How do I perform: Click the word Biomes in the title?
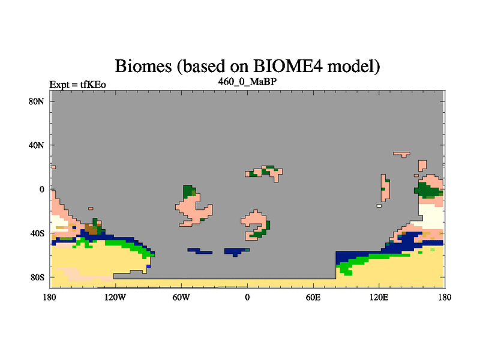143,66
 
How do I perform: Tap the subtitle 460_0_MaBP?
247,82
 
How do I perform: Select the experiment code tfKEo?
93,84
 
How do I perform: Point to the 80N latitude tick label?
37,101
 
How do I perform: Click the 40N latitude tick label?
37,145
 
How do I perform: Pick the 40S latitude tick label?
37,233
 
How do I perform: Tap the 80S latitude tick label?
37,277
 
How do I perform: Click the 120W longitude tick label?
115,297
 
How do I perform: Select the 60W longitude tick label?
181,297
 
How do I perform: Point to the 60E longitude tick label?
313,297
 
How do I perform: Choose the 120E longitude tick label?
379,297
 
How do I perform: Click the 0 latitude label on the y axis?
41,190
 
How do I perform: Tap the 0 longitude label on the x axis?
247,297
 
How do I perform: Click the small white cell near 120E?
379,206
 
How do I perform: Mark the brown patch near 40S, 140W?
91,229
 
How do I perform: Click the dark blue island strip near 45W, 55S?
200,251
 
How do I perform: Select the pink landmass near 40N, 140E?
401,154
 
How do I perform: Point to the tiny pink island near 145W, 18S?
91,208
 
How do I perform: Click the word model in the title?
353,66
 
